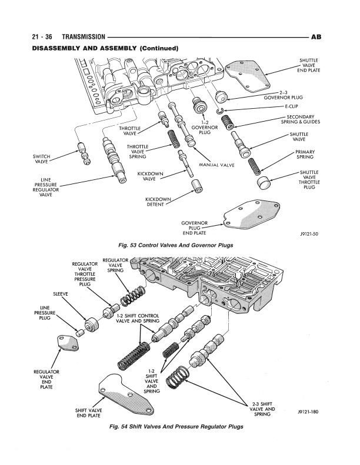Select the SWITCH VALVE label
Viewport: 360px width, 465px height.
point(41,158)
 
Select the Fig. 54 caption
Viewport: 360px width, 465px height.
point(179,426)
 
